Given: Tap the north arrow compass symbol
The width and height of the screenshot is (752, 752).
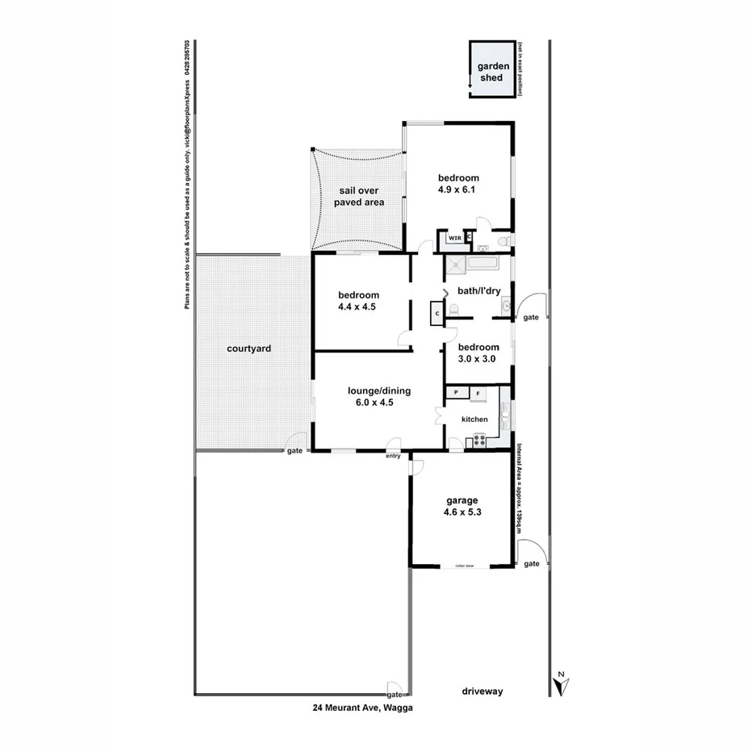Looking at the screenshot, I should tap(560, 684).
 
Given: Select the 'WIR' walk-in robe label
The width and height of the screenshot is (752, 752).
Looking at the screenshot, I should tap(455, 238).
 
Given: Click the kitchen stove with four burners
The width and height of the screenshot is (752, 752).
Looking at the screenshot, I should tap(478, 440).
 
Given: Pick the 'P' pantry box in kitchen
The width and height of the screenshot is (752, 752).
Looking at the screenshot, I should tap(456, 393).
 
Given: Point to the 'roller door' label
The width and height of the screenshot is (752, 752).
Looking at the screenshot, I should tap(464, 566).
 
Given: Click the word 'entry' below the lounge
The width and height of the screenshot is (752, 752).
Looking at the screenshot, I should tap(393, 456).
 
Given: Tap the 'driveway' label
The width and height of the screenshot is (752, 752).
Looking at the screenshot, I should tap(483, 691).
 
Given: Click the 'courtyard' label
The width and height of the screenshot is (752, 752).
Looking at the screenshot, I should tap(249, 349).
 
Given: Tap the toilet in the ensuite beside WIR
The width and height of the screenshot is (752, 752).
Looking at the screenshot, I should tap(503, 241).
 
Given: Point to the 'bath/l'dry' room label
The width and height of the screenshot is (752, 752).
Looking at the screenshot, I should tap(479, 290).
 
